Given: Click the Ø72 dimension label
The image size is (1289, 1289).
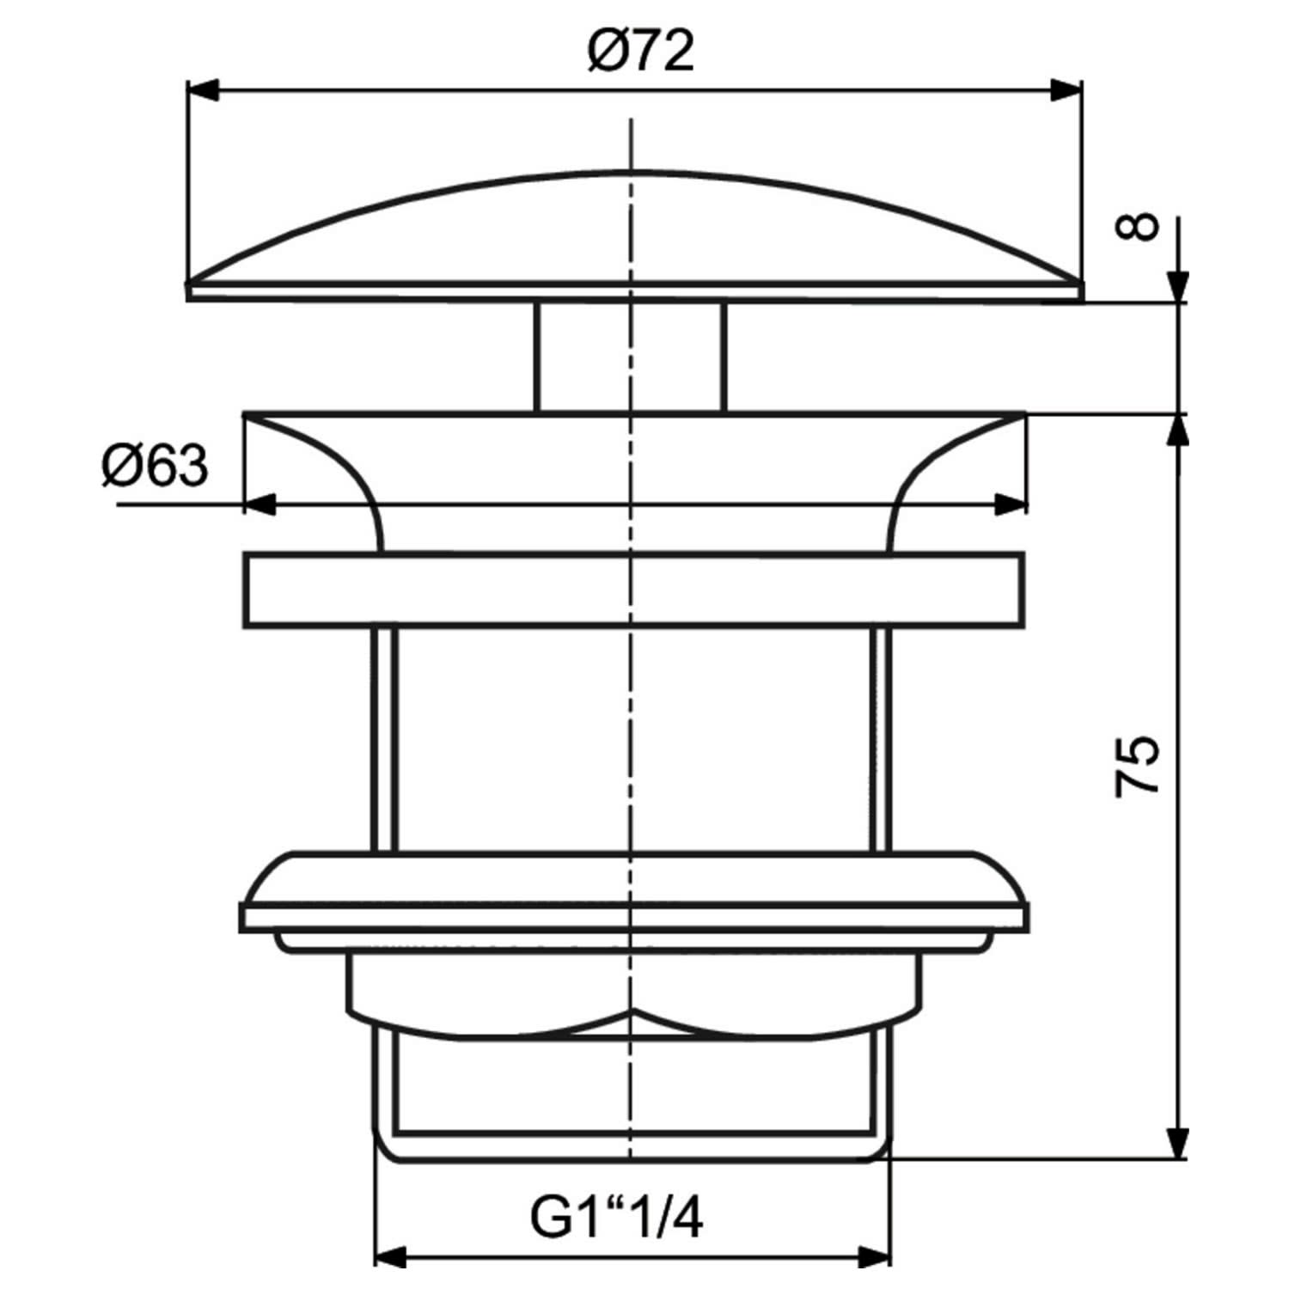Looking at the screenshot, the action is (640, 52).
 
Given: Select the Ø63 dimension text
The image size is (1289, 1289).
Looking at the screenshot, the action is (156, 467).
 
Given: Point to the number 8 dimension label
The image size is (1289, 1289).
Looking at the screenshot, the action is (1137, 228).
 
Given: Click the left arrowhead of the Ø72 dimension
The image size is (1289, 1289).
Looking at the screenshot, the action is (204, 91).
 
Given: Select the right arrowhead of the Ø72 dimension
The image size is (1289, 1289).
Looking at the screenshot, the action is (1066, 91).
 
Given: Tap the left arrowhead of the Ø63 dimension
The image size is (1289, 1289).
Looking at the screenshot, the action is (261, 504).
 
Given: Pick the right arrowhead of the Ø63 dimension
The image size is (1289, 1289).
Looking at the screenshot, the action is (1010, 504).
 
